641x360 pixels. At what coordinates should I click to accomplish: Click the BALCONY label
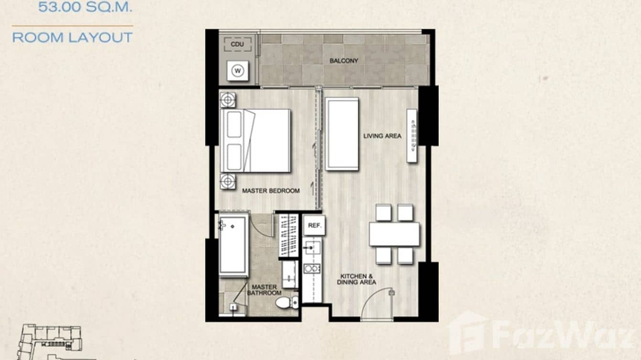click(343, 61)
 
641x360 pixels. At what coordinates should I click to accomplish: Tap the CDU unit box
click(237, 44)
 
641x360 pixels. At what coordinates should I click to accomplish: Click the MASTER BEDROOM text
click(271, 191)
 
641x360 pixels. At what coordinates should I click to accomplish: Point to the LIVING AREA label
click(382, 136)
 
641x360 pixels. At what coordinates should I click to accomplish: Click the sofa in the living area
click(342, 134)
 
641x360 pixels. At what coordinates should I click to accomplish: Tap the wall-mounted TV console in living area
click(412, 135)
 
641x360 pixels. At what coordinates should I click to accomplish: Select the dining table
click(394, 234)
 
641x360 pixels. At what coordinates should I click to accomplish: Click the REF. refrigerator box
click(314, 225)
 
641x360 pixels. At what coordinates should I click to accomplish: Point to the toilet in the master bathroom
click(287, 302)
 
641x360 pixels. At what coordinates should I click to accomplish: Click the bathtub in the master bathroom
click(233, 244)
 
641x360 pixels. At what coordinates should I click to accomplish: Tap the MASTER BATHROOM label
click(264, 290)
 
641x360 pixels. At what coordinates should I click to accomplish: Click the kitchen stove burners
click(312, 268)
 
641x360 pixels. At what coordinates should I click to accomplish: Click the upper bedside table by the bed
click(228, 100)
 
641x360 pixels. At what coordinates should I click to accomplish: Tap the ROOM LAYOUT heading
click(72, 38)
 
